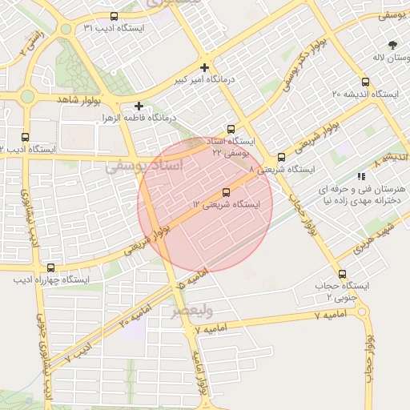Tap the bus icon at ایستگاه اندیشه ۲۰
[x=366, y=82]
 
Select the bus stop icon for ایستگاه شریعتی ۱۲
[x=226, y=192]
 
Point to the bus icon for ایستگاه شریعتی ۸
[x=281, y=157]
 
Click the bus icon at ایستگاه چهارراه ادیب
[x=51, y=267]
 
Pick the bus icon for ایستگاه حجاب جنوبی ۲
[x=342, y=274]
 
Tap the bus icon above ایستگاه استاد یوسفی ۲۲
[x=231, y=128]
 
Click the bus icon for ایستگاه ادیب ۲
[x=26, y=137]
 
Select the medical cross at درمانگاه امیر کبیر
[x=205, y=68]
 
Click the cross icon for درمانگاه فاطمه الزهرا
[x=139, y=105]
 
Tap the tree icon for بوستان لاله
[x=392, y=46]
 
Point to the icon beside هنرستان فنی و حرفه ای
[x=362, y=176]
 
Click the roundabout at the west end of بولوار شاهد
[x=26, y=98]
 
